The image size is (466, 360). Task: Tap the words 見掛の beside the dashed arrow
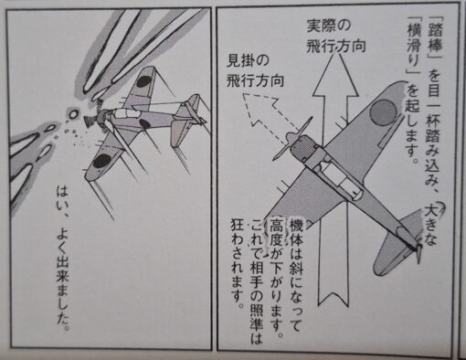point(248,61)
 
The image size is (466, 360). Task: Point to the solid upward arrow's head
point(335,74)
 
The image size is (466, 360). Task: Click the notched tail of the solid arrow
point(333,297)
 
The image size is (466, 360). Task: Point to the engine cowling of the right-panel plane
point(305,148)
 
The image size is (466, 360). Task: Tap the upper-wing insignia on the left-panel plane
point(143,82)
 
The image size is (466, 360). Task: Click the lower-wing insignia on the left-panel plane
point(101,161)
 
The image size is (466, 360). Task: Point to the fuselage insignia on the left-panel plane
point(143,123)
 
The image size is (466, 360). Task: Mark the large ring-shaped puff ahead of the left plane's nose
point(73,114)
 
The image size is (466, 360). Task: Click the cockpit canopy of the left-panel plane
point(127,113)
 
